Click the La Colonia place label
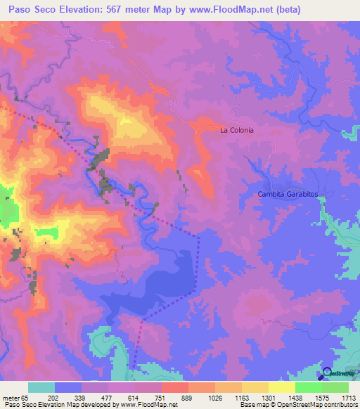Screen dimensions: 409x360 click(x=236, y=130)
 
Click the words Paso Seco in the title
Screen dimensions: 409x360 click(x=32, y=10)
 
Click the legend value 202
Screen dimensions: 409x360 click(x=63, y=398)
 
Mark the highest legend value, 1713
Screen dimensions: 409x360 click(x=348, y=398)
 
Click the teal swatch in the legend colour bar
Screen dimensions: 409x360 click(x=41, y=387)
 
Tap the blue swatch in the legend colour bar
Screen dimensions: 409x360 click(x=68, y=387)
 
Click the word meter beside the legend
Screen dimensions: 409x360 click(x=11, y=398)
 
